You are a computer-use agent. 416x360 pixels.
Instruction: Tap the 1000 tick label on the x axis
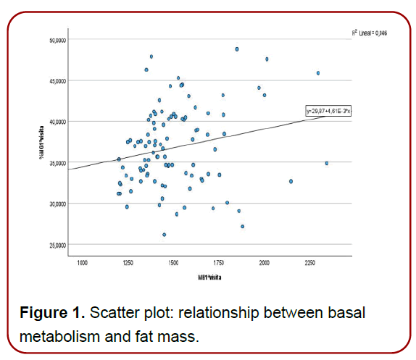(80, 261)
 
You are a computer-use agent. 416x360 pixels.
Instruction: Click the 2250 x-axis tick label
(311, 261)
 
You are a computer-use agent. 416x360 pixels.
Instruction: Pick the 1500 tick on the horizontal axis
(173, 261)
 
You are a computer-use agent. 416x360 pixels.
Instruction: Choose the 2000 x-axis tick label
(265, 261)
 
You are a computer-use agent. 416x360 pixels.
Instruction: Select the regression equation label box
(328, 111)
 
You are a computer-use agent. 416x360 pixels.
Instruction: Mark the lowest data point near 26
(165, 235)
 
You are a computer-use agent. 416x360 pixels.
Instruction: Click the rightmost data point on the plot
(327, 163)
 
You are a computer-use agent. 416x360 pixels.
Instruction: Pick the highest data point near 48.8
(237, 49)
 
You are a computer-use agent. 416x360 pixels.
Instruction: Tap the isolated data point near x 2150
(291, 181)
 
